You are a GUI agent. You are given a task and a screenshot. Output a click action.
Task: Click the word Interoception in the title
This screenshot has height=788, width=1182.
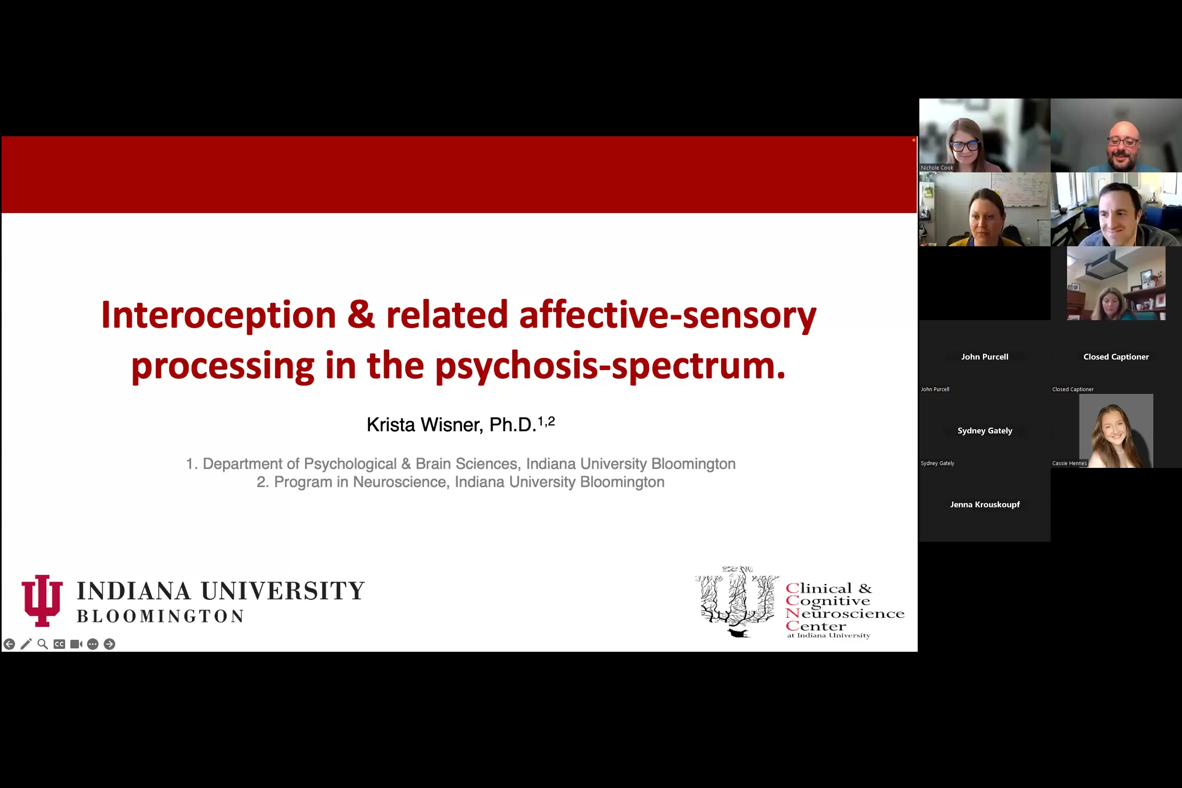pyautogui.click(x=218, y=315)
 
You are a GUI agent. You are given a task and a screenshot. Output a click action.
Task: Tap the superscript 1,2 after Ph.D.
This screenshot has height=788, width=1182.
pyautogui.click(x=546, y=421)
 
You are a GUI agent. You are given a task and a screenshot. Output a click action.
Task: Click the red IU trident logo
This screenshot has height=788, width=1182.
pyautogui.click(x=42, y=600)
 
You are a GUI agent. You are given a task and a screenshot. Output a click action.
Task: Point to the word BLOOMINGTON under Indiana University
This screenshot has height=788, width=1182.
pyautogui.click(x=160, y=616)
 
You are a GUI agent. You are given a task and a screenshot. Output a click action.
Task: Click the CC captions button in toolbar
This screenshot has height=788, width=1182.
pyautogui.click(x=59, y=644)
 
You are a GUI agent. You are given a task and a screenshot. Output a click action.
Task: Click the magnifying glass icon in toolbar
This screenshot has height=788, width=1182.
pyautogui.click(x=43, y=644)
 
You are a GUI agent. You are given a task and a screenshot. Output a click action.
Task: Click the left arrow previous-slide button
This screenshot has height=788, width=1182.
pyautogui.click(x=9, y=644)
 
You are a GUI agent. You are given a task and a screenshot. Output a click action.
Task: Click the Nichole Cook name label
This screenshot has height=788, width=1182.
pyautogui.click(x=937, y=168)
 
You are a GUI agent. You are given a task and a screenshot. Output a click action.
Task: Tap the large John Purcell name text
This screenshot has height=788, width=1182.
pyautogui.click(x=985, y=357)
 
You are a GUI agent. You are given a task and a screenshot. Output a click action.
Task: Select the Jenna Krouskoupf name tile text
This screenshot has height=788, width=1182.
pyautogui.click(x=985, y=504)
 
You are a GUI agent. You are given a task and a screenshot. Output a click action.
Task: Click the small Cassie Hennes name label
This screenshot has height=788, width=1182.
pyautogui.click(x=1069, y=463)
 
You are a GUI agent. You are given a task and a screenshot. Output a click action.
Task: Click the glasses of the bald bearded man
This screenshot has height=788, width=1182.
pyautogui.click(x=1123, y=142)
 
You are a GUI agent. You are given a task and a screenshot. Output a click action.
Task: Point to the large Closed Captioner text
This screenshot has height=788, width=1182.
pyautogui.click(x=1116, y=357)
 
